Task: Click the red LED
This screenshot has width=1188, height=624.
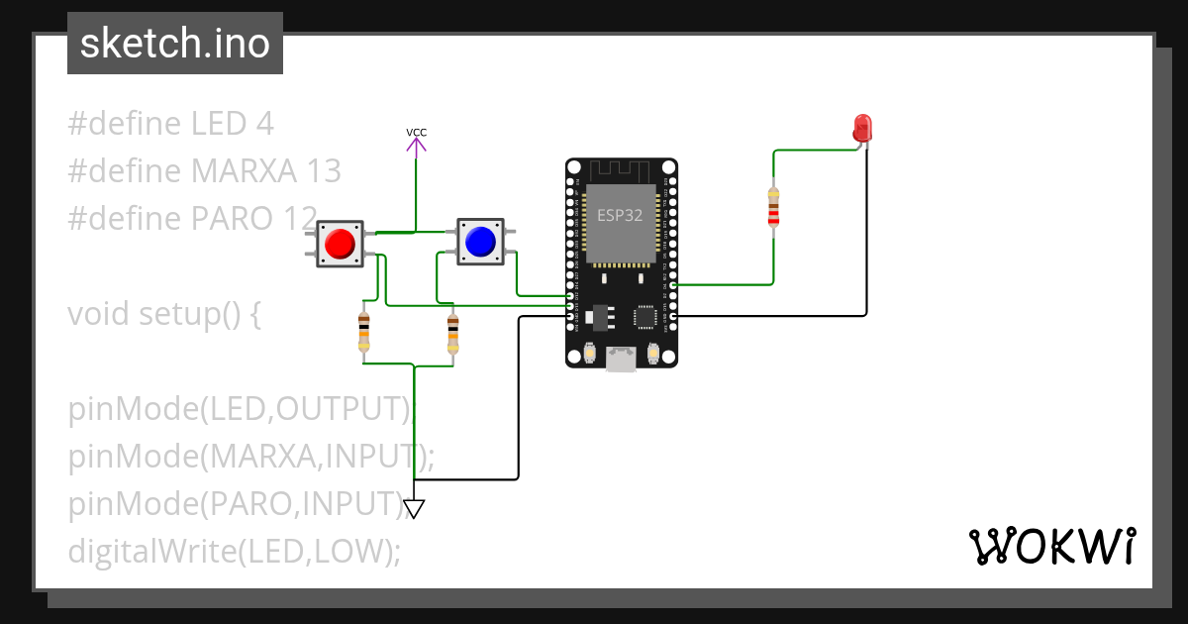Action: (x=862, y=128)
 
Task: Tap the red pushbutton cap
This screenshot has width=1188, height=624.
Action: (x=340, y=244)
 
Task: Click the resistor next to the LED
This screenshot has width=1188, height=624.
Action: (x=773, y=208)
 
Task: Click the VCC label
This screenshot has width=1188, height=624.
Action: (x=417, y=133)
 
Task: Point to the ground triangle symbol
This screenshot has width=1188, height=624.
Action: (x=414, y=509)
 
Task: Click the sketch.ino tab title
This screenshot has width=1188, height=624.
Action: (x=175, y=44)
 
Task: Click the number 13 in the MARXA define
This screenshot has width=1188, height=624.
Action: (x=323, y=171)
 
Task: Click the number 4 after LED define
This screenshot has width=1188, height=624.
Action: (x=263, y=124)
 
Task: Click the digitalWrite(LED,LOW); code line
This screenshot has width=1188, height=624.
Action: (x=235, y=551)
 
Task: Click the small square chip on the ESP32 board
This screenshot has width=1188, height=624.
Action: (x=645, y=315)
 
